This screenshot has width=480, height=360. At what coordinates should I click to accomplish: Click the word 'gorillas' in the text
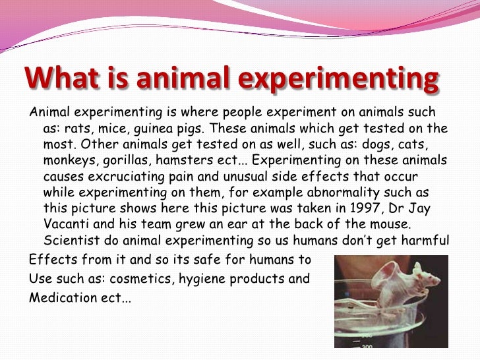[x=119, y=160]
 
